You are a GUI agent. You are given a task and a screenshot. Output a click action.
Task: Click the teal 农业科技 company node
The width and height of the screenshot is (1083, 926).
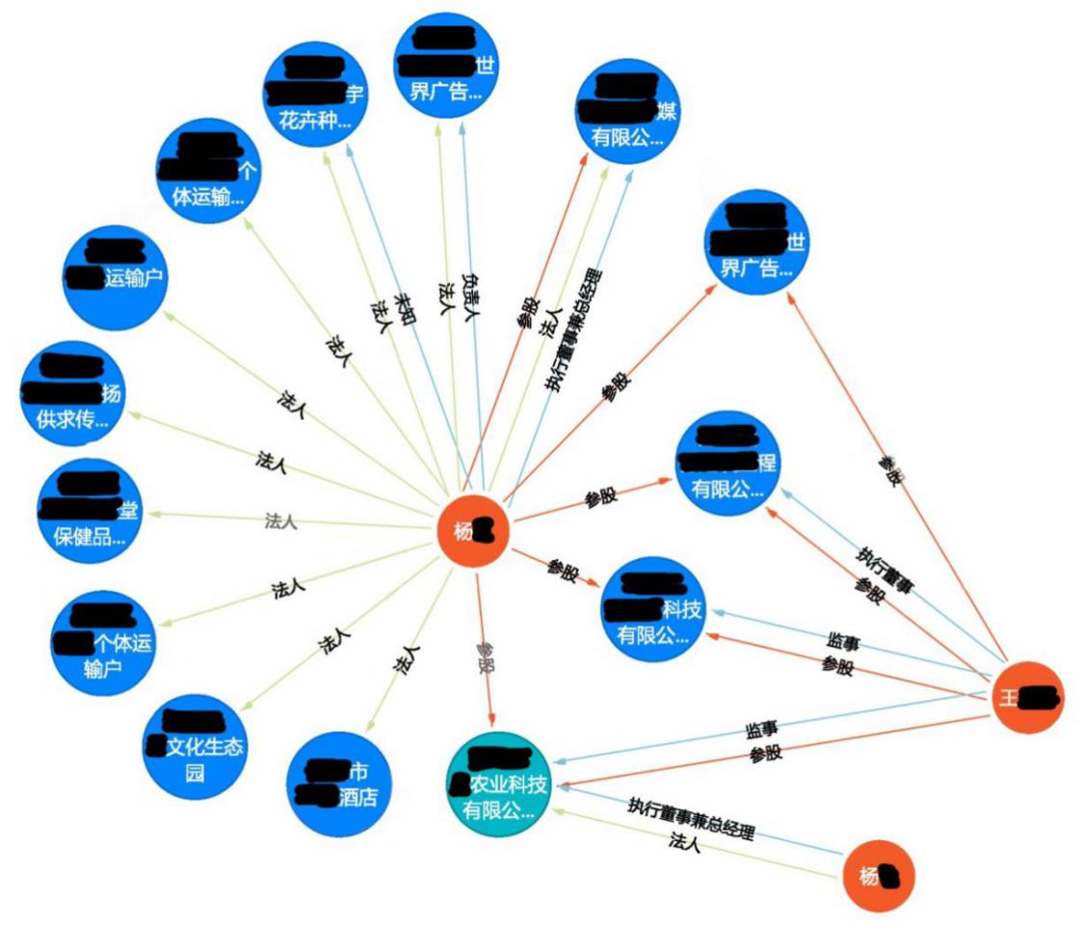(497, 783)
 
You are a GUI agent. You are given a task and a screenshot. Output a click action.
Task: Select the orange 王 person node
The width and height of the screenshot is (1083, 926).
(1028, 697)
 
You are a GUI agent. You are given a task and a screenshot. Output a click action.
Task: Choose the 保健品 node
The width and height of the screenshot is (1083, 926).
(89, 511)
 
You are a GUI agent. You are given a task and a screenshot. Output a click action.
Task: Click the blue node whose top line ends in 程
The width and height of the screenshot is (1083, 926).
(727, 464)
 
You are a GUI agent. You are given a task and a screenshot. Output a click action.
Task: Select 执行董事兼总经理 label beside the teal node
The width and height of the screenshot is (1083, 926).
(690, 817)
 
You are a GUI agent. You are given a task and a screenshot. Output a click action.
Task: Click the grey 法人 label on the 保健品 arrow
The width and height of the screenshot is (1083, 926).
(280, 522)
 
